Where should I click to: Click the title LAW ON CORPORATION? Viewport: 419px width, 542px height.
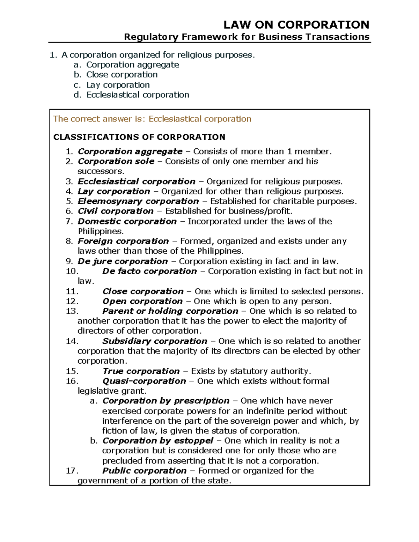[x=296, y=25]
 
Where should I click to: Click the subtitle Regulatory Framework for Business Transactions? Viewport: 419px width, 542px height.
[x=247, y=37]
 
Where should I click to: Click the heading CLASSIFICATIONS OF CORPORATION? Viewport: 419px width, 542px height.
[x=139, y=137]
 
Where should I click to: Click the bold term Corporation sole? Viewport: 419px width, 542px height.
[x=116, y=161]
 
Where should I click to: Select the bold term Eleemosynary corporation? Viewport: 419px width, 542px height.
[x=138, y=201]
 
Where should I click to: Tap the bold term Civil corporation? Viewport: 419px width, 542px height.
[x=115, y=211]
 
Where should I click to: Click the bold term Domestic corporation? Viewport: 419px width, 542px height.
[x=127, y=222]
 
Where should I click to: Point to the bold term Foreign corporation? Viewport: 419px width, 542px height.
[x=123, y=241]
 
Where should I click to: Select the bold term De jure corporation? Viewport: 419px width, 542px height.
[x=123, y=261]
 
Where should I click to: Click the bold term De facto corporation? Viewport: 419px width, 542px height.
[x=149, y=271]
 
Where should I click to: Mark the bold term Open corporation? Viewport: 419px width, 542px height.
[x=142, y=301]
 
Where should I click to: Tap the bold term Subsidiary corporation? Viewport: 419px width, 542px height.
[x=155, y=341]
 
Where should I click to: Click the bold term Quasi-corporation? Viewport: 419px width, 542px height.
[x=144, y=381]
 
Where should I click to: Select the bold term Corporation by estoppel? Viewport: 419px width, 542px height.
[x=158, y=441]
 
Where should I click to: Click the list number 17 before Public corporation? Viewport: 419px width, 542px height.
[x=72, y=471]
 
